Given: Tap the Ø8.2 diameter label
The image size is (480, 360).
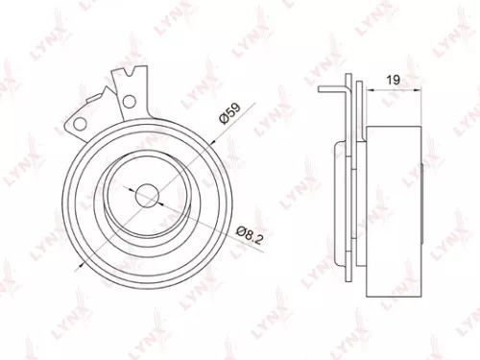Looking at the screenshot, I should (x=249, y=231).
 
